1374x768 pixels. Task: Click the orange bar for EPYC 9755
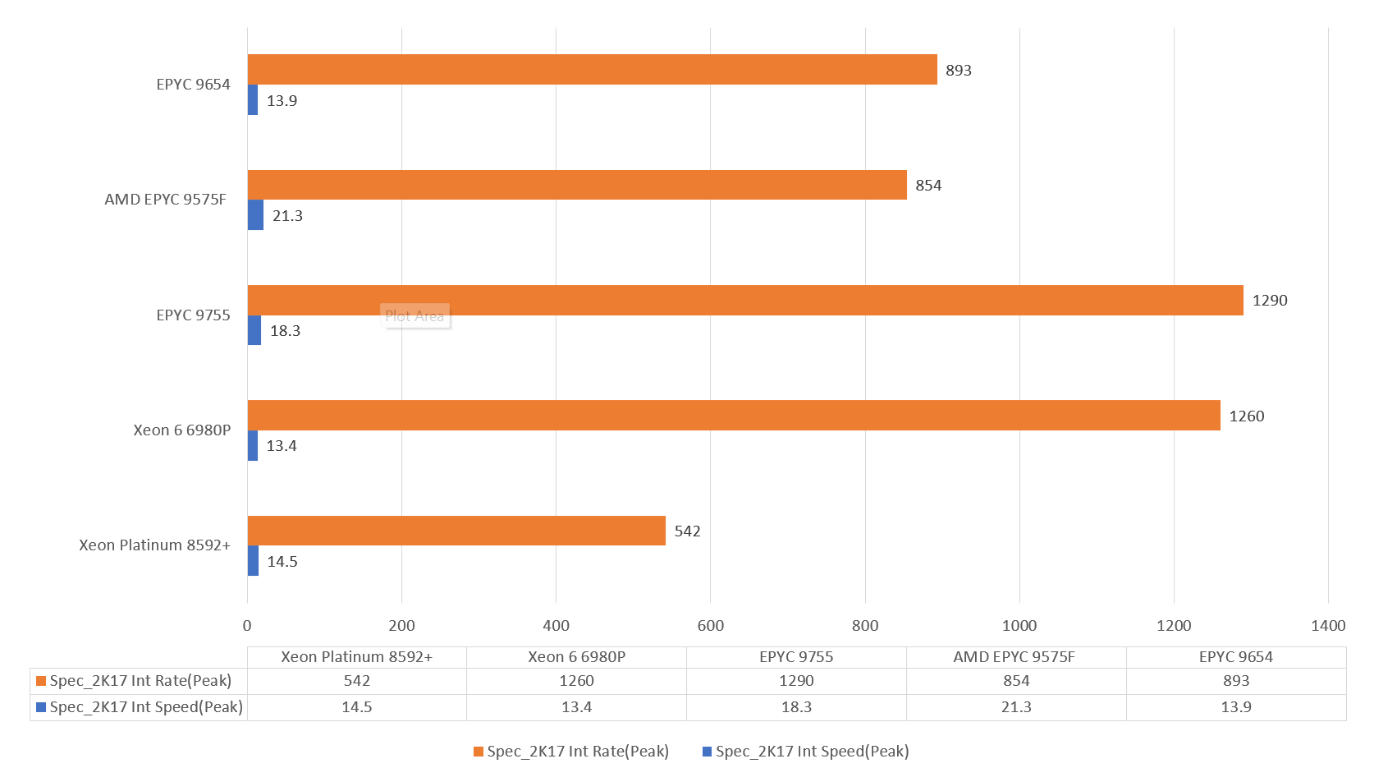[x=745, y=300]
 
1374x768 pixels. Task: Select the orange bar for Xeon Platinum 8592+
[x=456, y=531]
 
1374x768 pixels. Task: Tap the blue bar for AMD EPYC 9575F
[x=255, y=215]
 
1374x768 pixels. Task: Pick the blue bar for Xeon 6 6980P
[x=253, y=446]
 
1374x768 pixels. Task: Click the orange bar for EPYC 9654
[x=592, y=70]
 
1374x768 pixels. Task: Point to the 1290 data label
[x=1270, y=301]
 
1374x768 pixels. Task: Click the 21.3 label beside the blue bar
[x=287, y=216]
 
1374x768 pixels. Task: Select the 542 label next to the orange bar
[x=687, y=531]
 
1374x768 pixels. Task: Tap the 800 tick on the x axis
[x=865, y=626]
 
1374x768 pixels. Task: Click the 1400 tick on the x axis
[x=1328, y=626]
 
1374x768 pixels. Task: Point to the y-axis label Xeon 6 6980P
[x=182, y=430]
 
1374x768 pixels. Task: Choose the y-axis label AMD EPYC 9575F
[x=165, y=200]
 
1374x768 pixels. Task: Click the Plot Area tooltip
[x=414, y=316]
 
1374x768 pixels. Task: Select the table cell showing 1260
[x=576, y=681]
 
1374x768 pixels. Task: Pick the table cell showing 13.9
[x=1236, y=707]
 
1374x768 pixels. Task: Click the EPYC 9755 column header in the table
[x=796, y=657]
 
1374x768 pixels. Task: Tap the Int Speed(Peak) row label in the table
[x=140, y=707]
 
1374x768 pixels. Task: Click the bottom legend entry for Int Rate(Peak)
[x=571, y=752]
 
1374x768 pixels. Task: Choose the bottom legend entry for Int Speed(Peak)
[x=806, y=752]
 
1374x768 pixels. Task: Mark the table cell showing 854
[x=1016, y=681]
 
